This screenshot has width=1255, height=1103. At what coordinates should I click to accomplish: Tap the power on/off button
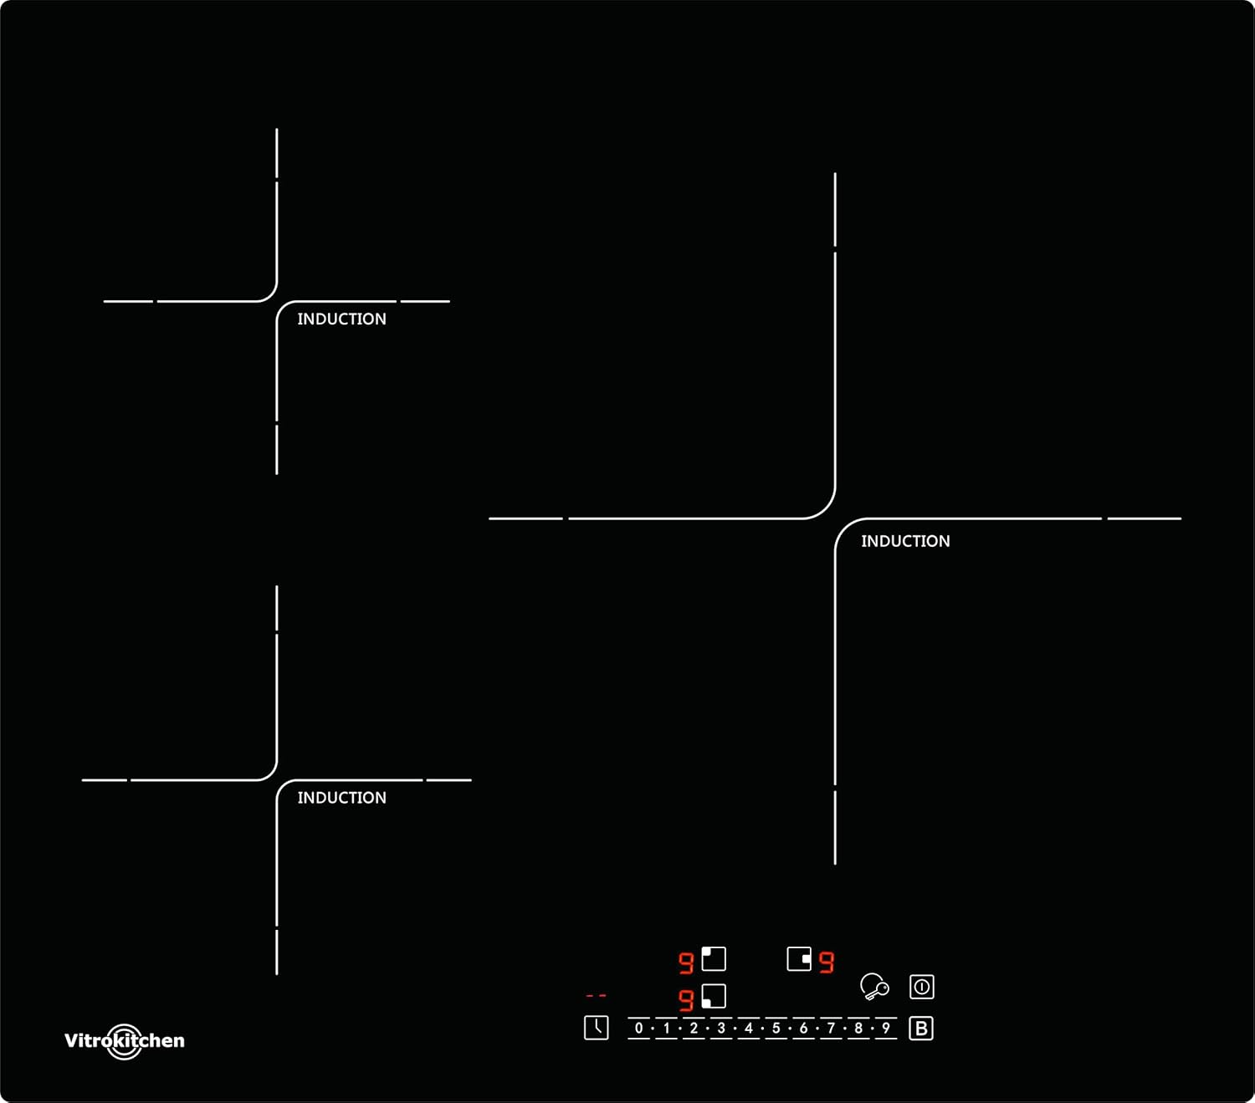921,987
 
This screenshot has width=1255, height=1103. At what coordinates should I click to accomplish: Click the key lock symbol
873,987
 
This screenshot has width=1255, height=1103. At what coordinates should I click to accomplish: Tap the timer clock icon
596,1028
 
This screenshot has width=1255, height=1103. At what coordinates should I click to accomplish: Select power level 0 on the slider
639,1029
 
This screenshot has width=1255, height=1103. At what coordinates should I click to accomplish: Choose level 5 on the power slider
776,1029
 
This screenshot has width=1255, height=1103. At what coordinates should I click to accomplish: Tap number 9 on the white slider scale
885,1029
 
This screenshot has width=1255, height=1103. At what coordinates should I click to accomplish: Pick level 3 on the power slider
721,1029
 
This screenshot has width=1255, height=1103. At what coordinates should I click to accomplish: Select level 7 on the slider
831,1029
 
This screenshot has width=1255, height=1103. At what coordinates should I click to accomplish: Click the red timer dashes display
596,996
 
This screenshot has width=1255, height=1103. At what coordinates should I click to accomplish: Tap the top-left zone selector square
714,958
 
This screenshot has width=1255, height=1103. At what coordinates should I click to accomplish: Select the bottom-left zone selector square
714,996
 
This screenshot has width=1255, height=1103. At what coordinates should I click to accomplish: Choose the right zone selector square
799,958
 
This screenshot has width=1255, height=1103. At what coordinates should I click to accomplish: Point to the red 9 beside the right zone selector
827,963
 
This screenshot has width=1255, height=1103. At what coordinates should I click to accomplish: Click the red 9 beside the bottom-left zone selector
686,1000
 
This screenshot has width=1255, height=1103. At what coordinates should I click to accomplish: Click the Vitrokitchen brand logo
125,1041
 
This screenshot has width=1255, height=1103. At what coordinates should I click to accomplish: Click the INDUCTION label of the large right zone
905,541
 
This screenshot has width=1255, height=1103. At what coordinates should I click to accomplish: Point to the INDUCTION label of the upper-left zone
341,319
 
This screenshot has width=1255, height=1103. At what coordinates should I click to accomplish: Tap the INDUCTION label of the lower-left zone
341,798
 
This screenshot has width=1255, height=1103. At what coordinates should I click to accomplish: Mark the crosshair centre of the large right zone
835,518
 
